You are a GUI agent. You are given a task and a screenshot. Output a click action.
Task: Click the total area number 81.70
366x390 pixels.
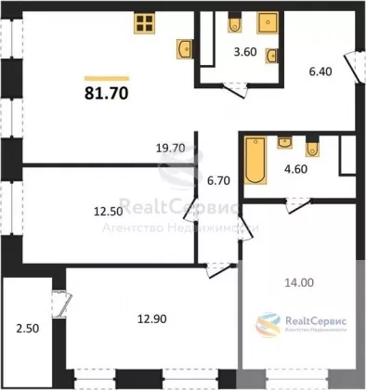tap(107, 93)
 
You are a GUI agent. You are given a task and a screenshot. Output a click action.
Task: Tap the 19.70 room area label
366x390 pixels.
tap(170, 149)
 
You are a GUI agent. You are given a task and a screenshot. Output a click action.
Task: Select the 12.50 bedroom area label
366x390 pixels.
tap(108, 212)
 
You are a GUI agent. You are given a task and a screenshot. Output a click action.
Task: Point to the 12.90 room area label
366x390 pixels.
tap(152, 318)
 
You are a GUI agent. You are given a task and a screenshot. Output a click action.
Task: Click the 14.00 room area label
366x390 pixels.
tap(299, 282)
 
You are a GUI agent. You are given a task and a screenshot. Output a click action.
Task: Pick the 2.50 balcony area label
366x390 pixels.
tap(28, 329)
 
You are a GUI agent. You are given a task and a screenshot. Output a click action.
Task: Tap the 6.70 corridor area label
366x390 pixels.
tap(218, 180)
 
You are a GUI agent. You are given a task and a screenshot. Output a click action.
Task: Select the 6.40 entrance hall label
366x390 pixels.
tap(320, 71)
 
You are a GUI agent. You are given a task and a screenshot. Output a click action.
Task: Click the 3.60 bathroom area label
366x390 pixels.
tap(245, 52)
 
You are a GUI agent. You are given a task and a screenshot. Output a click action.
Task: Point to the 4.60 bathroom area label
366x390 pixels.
tap(296, 169)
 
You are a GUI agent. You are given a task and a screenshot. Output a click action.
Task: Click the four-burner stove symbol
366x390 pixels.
tap(145, 22)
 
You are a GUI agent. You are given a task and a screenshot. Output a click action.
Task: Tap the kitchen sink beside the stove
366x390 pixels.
tap(185, 48)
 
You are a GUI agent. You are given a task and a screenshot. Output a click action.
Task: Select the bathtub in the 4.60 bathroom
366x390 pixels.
tap(255, 160)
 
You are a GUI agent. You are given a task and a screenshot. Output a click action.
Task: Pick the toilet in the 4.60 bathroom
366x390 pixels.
tap(312, 147)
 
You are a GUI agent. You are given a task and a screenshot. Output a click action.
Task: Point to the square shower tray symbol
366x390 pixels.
tap(268, 22)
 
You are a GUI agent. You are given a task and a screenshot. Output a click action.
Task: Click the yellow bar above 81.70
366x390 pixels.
tap(107, 78)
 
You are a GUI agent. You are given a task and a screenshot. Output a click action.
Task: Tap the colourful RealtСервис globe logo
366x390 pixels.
tap(268, 324)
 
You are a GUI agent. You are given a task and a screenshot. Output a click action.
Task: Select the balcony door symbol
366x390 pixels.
tap(62, 305)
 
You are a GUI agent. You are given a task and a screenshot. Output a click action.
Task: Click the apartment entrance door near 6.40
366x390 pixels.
tap(355, 67)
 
